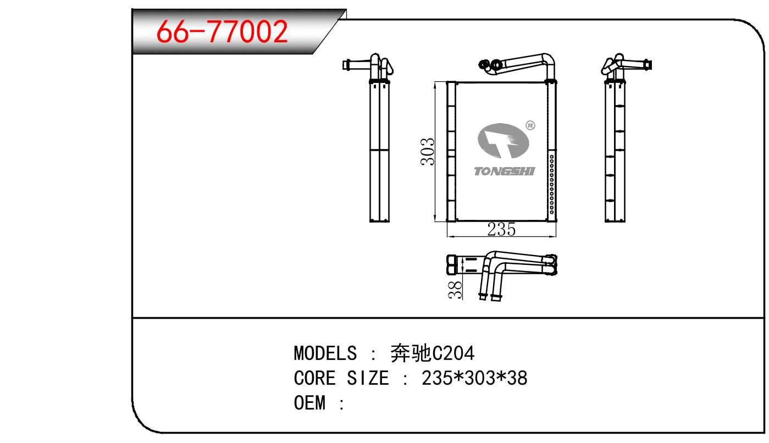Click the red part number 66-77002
222,31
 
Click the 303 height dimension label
428,152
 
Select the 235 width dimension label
501,230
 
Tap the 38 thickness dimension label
455,290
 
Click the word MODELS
325,353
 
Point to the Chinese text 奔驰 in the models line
411,353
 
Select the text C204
453,353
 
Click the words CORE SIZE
341,378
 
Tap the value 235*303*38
474,378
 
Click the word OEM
309,403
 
